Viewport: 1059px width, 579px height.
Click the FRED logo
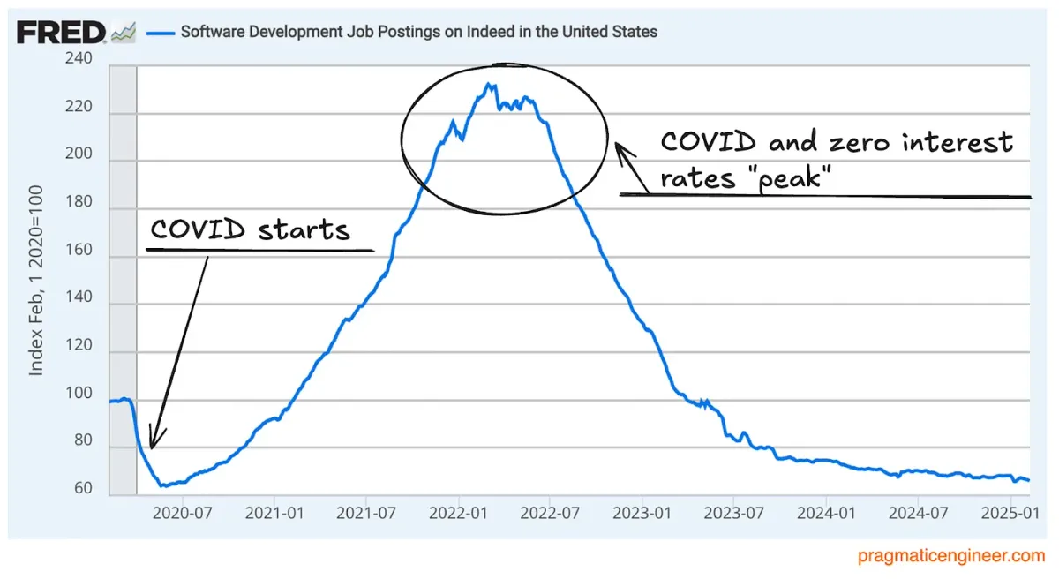coord(61,33)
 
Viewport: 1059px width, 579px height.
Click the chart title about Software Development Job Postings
coord(418,32)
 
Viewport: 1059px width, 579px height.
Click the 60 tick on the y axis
coord(84,488)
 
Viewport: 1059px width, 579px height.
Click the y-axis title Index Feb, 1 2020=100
coord(36,280)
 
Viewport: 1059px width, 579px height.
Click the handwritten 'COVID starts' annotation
coord(250,230)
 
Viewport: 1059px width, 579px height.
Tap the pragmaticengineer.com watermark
coord(950,556)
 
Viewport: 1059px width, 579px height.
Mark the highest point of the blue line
coord(488,84)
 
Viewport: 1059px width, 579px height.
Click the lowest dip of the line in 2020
coord(162,485)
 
